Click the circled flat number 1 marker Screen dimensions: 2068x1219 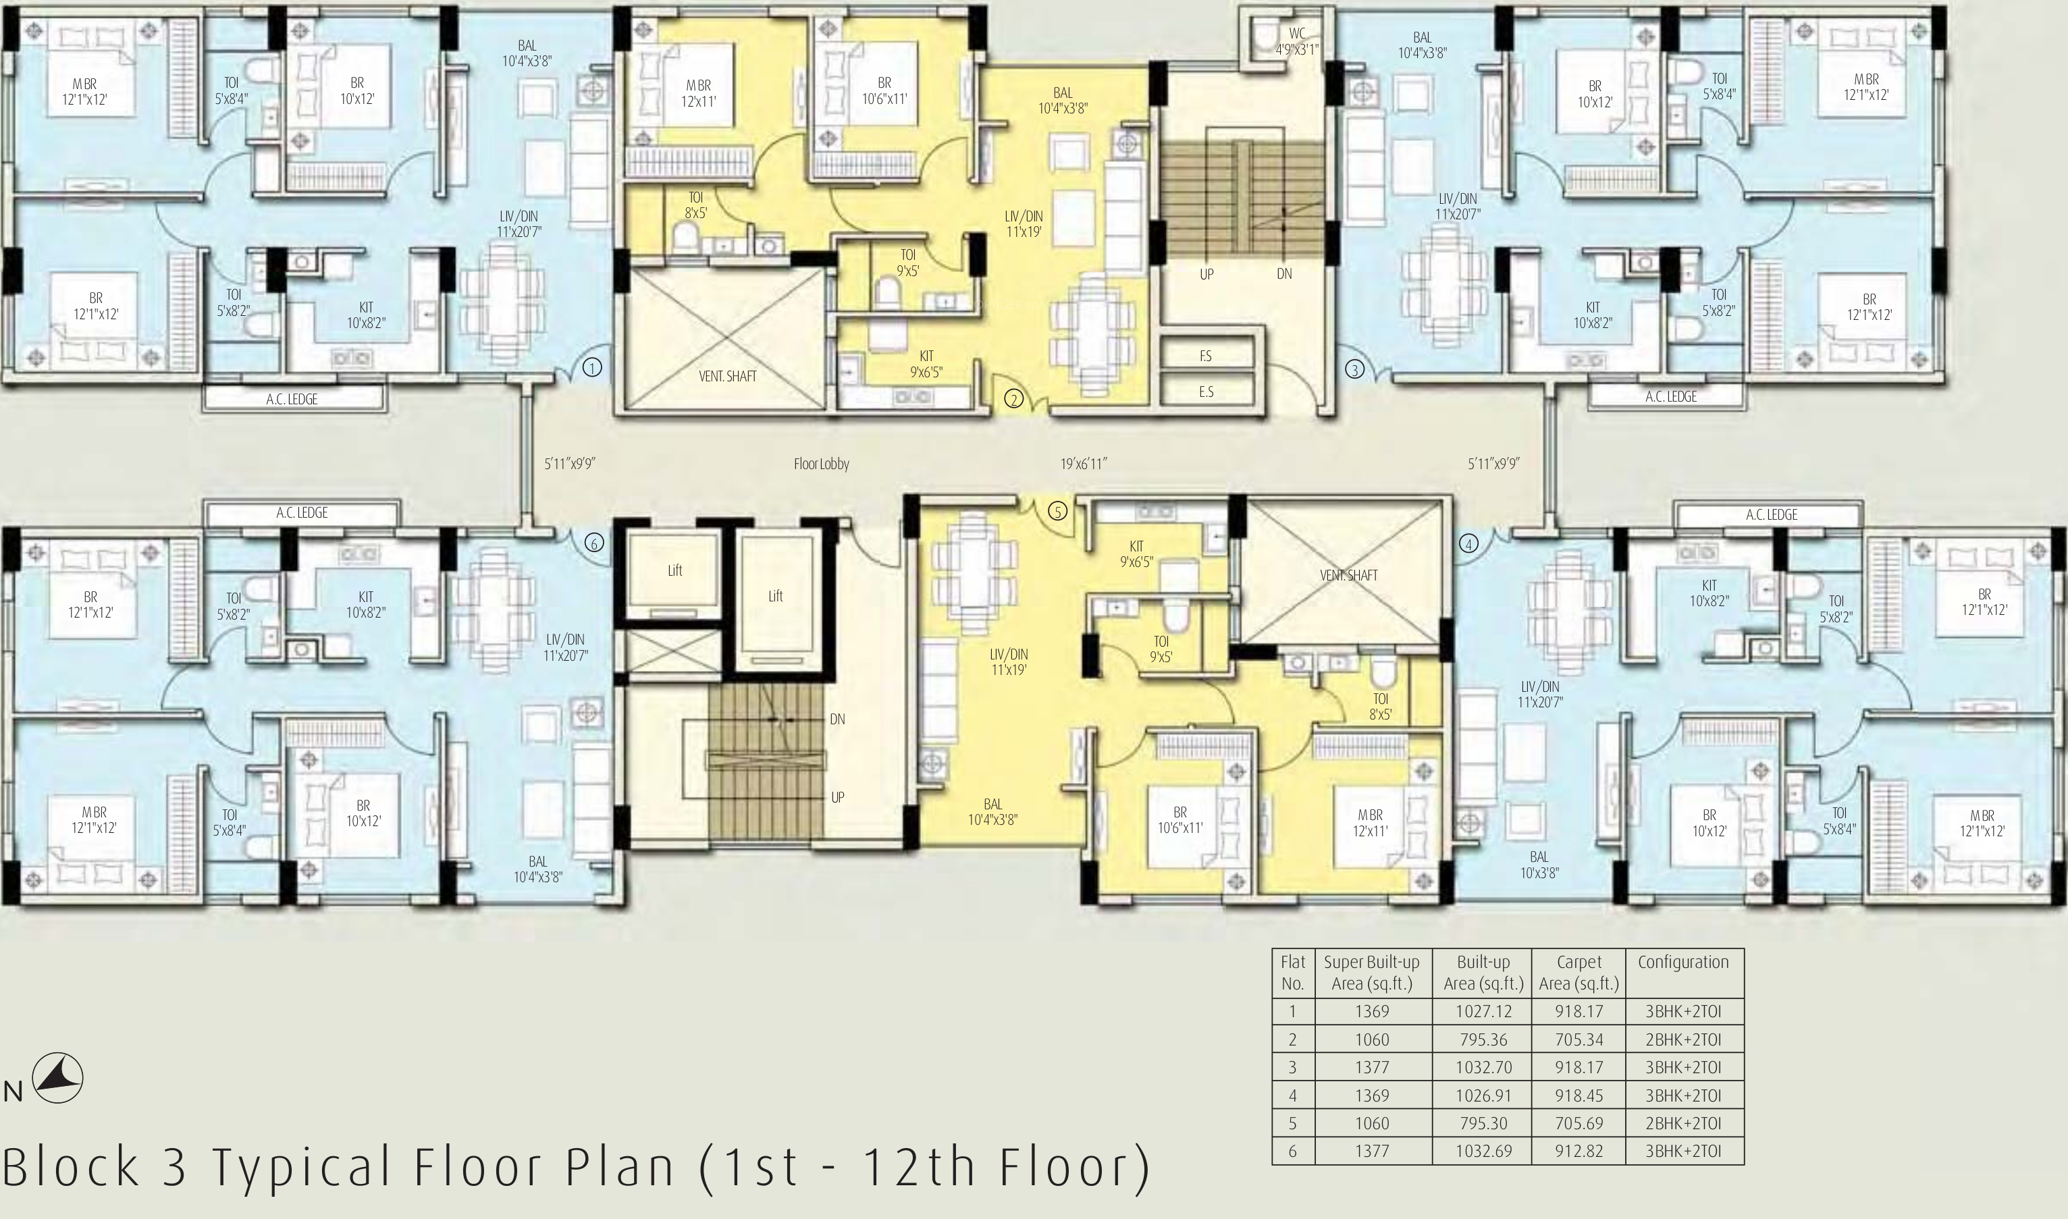pyautogui.click(x=592, y=367)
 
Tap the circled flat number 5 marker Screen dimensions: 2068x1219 pyautogui.click(x=1057, y=511)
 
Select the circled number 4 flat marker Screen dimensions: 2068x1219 pyautogui.click(x=1468, y=543)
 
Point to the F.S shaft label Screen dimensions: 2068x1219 pyautogui.click(x=1205, y=356)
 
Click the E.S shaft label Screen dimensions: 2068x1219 pyautogui.click(x=1206, y=391)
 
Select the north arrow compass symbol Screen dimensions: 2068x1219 pyautogui.click(x=57, y=1078)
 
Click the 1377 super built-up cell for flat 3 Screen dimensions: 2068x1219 pyautogui.click(x=1372, y=1067)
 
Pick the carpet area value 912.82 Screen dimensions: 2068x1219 pyautogui.click(x=1579, y=1151)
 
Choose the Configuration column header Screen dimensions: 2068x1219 pyautogui.click(x=1683, y=962)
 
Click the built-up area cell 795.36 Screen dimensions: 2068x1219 pyautogui.click(x=1484, y=1039)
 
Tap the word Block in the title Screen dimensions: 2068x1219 pyautogui.click(x=71, y=1166)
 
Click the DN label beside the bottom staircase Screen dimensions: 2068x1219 pyautogui.click(x=837, y=719)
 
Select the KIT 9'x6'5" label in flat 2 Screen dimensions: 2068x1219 pyautogui.click(x=926, y=363)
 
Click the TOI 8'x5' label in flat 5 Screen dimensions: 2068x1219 pyautogui.click(x=1380, y=707)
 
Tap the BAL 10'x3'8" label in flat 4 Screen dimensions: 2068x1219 pyautogui.click(x=1539, y=865)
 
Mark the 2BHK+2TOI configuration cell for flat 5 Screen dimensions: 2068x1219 pyautogui.click(x=1683, y=1123)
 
